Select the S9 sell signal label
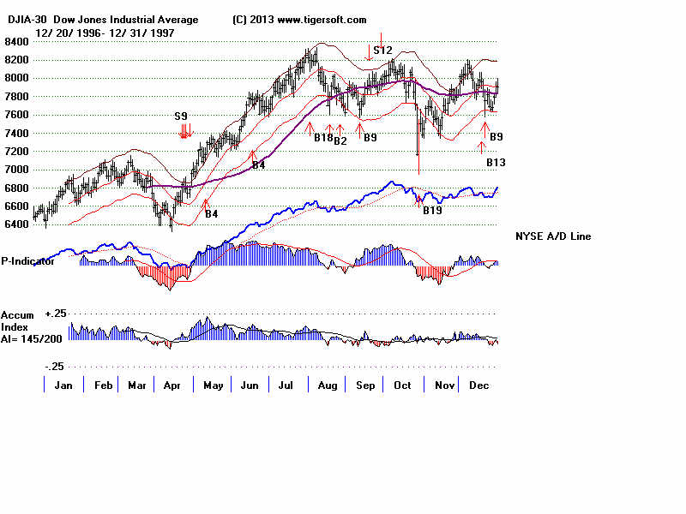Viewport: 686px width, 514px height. [181, 116]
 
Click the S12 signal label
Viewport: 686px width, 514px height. [382, 51]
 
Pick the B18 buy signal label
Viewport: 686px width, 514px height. [323, 138]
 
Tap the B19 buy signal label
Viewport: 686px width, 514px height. [432, 210]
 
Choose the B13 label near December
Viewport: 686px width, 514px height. [496, 162]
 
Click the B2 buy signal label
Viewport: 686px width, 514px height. [340, 140]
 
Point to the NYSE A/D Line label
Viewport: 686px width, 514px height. [553, 236]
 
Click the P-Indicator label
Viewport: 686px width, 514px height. [28, 261]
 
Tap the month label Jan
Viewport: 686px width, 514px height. [63, 386]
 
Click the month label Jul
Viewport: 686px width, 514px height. [288, 386]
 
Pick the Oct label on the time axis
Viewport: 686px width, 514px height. [402, 386]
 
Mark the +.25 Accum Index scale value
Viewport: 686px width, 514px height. [56, 314]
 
